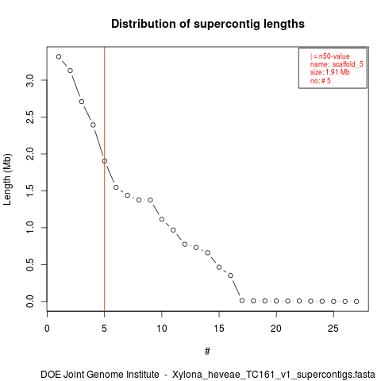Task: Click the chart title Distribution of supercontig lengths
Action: click(208, 24)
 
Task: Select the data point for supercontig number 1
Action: click(59, 56)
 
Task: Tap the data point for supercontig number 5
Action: click(105, 161)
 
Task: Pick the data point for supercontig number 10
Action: click(162, 219)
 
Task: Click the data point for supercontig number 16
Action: click(230, 275)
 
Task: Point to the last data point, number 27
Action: click(356, 302)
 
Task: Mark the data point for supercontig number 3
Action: click(82, 102)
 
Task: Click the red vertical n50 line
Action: click(105, 179)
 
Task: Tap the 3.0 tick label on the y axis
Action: click(30, 80)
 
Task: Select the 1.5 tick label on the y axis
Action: click(30, 190)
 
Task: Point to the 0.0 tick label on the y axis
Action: click(30, 302)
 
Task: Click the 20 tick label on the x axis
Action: click(276, 329)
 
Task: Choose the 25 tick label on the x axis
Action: click(333, 329)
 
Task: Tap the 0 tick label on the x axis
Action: click(47, 329)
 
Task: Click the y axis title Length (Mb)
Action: click(7, 179)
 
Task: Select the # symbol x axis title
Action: click(207, 352)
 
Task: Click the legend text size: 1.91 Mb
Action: click(330, 72)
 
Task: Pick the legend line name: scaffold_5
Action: click(337, 64)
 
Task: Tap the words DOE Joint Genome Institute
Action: click(100, 375)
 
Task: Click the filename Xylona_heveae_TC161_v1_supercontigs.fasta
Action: click(274, 375)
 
